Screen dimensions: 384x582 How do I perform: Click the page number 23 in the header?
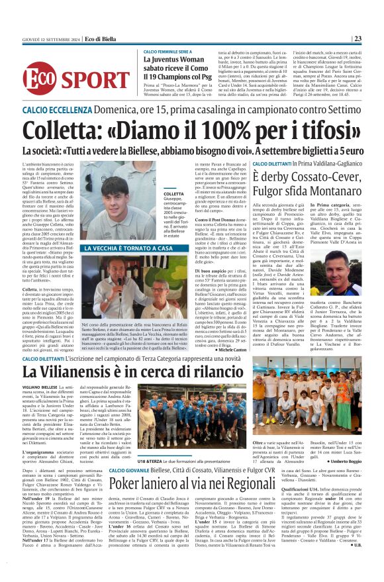[x=375, y=38]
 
